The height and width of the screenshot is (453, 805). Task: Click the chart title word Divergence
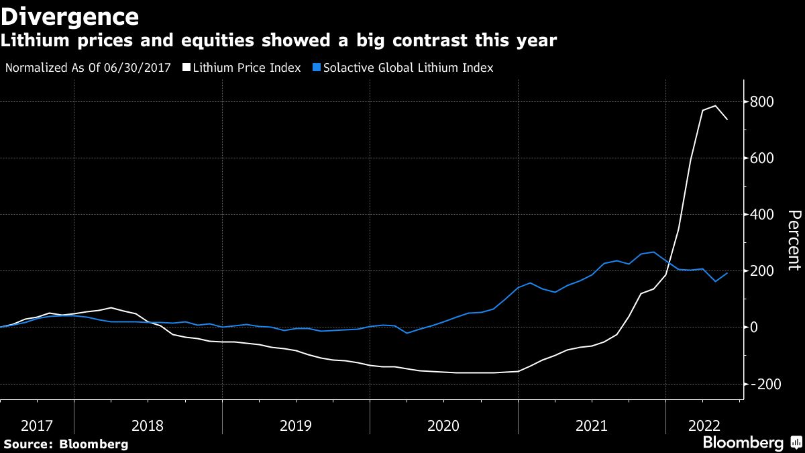pyautogui.click(x=70, y=16)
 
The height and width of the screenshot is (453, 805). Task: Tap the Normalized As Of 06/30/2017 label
pyautogui.click(x=87, y=68)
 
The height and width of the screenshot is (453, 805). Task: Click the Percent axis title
pyautogui.click(x=794, y=240)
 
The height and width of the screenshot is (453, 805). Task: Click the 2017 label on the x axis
pyautogui.click(x=37, y=425)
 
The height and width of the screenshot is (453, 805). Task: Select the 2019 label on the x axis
pyautogui.click(x=296, y=425)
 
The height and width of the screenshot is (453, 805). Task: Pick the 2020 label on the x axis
pyautogui.click(x=443, y=425)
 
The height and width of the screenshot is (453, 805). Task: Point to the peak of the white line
pyautogui.click(x=715, y=105)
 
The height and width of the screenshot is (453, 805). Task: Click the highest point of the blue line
pyautogui.click(x=653, y=252)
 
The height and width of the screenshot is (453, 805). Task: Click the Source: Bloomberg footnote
pyautogui.click(x=66, y=444)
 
